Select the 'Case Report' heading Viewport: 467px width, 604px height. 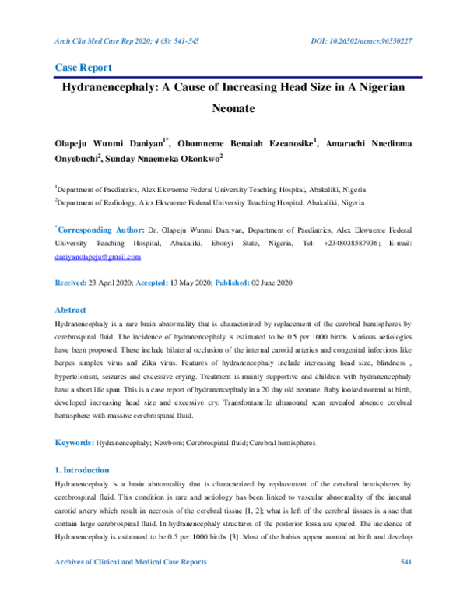click(x=83, y=68)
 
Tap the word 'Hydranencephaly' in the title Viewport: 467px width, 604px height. click(x=121, y=89)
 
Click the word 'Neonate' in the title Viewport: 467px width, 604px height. click(x=233, y=111)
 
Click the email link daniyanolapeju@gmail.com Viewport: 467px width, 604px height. click(x=97, y=256)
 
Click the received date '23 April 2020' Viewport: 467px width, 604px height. click(x=114, y=282)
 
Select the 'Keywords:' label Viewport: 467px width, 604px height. click(x=73, y=443)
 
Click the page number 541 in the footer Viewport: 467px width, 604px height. click(x=406, y=584)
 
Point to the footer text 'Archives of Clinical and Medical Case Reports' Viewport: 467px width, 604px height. click(x=130, y=584)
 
